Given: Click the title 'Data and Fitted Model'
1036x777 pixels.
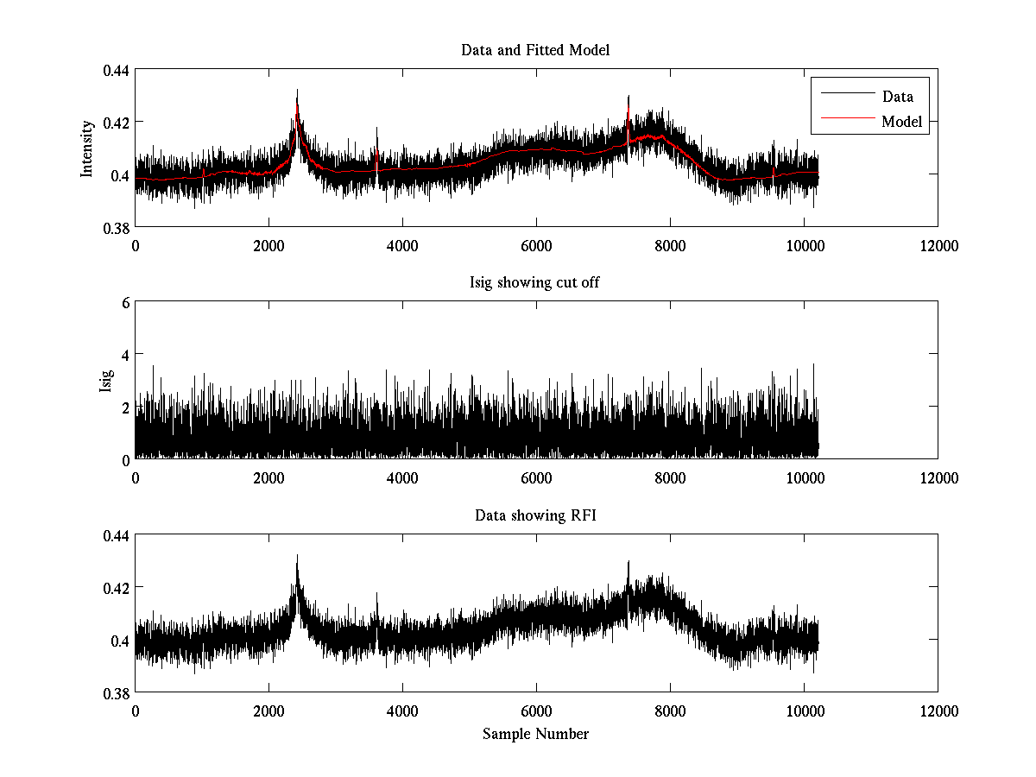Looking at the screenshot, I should pyautogui.click(x=535, y=50).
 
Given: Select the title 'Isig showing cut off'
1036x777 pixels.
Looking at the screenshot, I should pyautogui.click(x=535, y=283).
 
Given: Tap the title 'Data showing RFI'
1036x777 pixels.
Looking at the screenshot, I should pyautogui.click(x=535, y=516).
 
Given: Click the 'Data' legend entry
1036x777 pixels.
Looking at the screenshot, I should pyautogui.click(x=897, y=97).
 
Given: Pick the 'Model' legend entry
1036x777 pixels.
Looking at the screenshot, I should pyautogui.click(x=901, y=122).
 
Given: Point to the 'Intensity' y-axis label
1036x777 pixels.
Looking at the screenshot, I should pyautogui.click(x=87, y=148).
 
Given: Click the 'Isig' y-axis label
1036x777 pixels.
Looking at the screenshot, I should pyautogui.click(x=106, y=381).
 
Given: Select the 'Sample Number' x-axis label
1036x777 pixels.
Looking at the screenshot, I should pyautogui.click(x=535, y=735).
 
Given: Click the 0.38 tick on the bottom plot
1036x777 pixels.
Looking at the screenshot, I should pyautogui.click(x=117, y=693).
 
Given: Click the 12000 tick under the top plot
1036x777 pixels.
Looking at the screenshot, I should pyautogui.click(x=938, y=246).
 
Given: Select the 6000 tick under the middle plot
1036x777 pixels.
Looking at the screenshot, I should pyautogui.click(x=536, y=478).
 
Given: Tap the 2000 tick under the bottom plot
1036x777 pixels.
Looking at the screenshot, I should pyautogui.click(x=268, y=711).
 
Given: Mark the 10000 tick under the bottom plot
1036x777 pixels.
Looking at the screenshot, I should pyautogui.click(x=804, y=711).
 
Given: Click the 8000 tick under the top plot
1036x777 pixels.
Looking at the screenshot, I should pyautogui.click(x=670, y=246).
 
